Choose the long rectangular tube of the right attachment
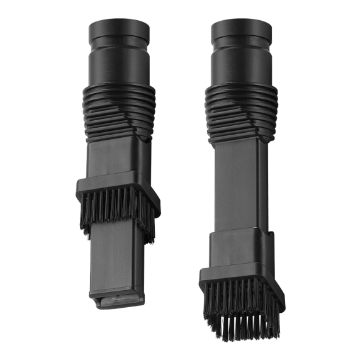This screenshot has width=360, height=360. click(x=239, y=189)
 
